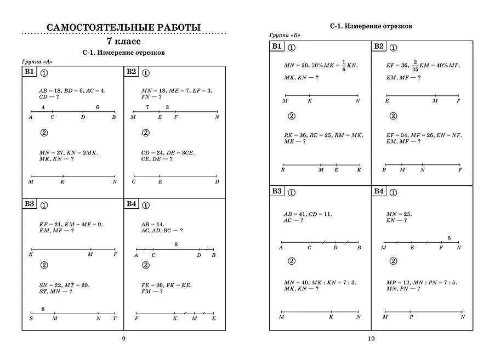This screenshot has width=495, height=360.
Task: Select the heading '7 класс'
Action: pyautogui.click(x=123, y=41)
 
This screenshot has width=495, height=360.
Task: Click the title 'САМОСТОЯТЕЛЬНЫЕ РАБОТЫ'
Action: pyautogui.click(x=123, y=27)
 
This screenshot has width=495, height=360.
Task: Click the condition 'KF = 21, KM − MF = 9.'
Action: pyautogui.click(x=71, y=224)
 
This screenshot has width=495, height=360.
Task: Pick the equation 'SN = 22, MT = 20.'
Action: pyautogui.click(x=64, y=285)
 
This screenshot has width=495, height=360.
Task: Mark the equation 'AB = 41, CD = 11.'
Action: pyautogui.click(x=308, y=214)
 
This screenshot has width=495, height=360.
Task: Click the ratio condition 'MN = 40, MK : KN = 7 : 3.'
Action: pyautogui.click(x=320, y=282)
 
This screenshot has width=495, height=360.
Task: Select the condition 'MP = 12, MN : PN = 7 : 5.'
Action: pyautogui.click(x=422, y=282)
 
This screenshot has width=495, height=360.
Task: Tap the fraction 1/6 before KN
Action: pyautogui.click(x=344, y=65)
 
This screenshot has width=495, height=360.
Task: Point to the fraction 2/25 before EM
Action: pyautogui.click(x=416, y=65)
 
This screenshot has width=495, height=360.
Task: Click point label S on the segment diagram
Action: pyautogui.click(x=31, y=318)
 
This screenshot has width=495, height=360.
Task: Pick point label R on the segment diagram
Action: pyautogui.click(x=282, y=170)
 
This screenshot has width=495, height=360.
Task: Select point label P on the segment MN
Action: pyautogui.click(x=411, y=317)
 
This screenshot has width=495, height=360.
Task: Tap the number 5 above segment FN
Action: pyautogui.click(x=450, y=238)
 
